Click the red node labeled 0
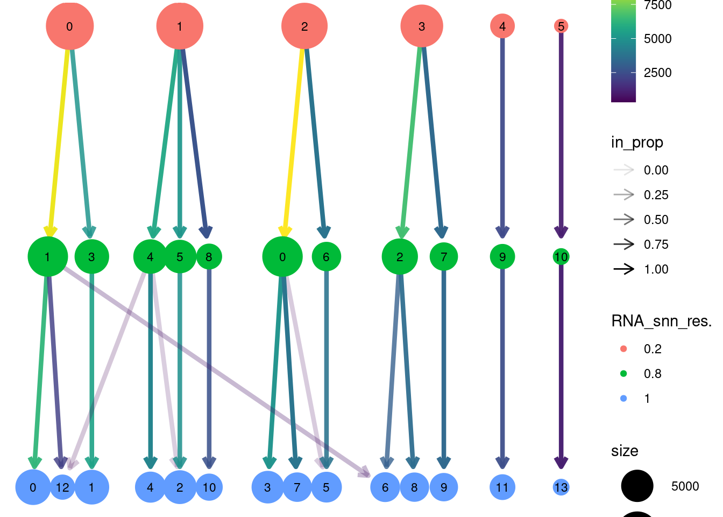[x=69, y=26]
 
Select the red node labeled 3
[x=422, y=26]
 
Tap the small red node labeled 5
[x=561, y=26]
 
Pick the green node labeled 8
[x=209, y=257]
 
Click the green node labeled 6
[x=326, y=257]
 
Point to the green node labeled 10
[x=561, y=257]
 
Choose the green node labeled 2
[x=400, y=257]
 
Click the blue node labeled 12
[x=62, y=487]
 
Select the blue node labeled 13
[x=561, y=487]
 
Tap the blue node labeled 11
[x=502, y=487]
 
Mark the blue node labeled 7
[x=297, y=487]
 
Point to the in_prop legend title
[x=637, y=142]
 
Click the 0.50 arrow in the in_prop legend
[x=624, y=219]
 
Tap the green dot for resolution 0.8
[x=623, y=373]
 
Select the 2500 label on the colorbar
[x=657, y=73]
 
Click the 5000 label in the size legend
[x=685, y=486]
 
